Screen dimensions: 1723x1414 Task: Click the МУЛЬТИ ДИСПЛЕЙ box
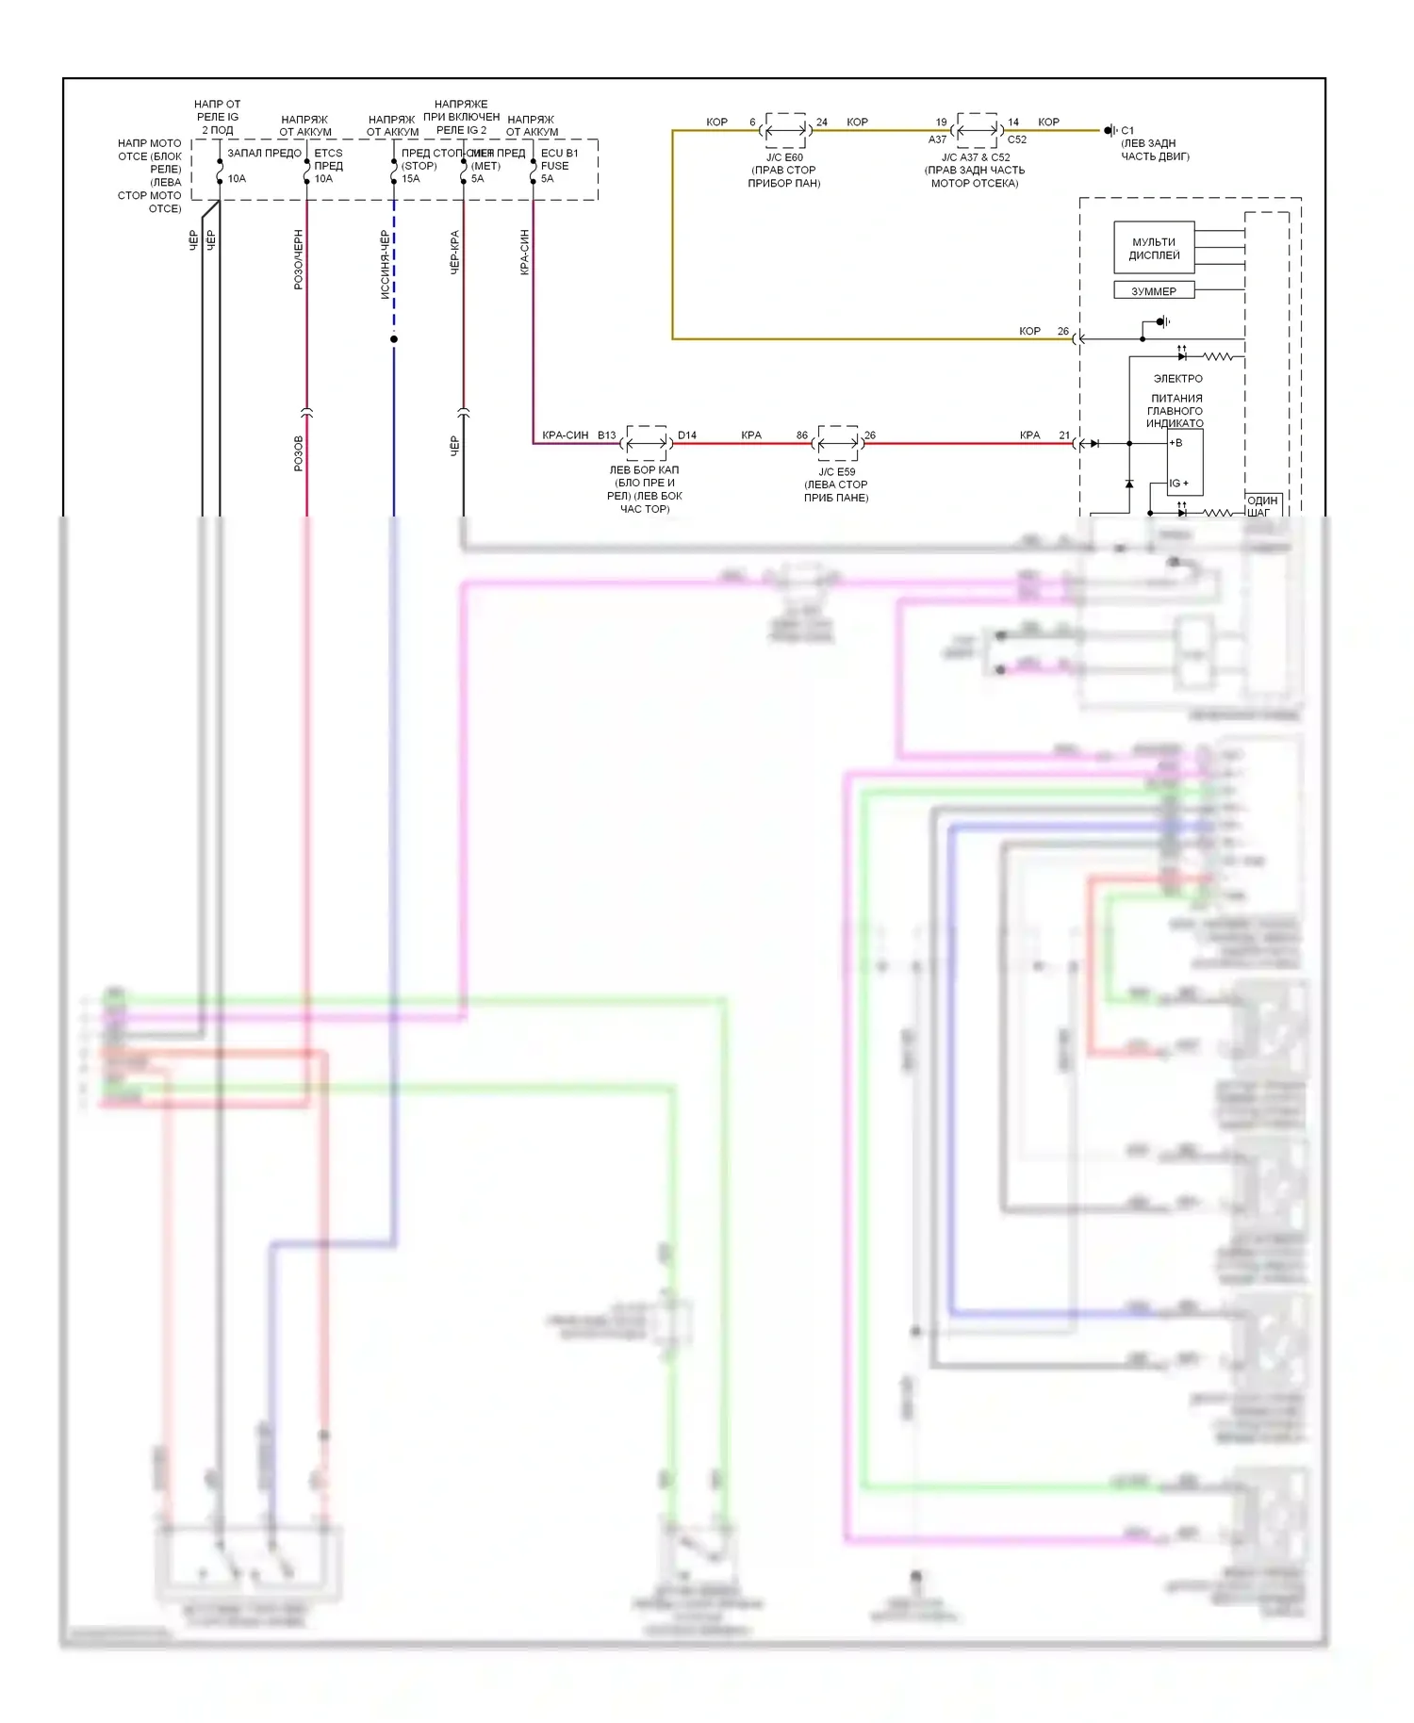tap(1154, 248)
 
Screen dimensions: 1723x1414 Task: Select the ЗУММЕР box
tap(1154, 291)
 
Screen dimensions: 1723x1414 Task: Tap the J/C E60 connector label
tap(784, 157)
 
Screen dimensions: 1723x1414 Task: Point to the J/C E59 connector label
tap(836, 471)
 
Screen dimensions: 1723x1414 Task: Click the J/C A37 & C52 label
tap(976, 157)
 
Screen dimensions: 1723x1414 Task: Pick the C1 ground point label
tap(1127, 130)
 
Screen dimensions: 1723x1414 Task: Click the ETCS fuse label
tap(328, 153)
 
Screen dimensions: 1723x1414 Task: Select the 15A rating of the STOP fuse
tap(411, 178)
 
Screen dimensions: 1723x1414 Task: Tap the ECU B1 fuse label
tap(559, 153)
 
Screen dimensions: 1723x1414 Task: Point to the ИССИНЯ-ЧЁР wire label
tap(385, 264)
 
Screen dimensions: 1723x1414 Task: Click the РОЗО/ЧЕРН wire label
tap(298, 259)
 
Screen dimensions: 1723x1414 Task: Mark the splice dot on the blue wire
tap(394, 338)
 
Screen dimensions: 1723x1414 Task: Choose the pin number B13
tap(606, 435)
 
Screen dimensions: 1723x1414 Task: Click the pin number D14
tap(687, 435)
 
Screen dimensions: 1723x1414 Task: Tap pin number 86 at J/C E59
tap(801, 435)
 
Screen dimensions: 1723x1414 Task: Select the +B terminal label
tap(1176, 442)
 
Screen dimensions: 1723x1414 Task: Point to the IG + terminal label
tap(1178, 483)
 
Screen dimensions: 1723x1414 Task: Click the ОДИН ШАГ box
tap(1262, 505)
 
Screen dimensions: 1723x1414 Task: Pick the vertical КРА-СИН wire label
tap(524, 252)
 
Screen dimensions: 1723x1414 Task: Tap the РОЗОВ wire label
tap(298, 453)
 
